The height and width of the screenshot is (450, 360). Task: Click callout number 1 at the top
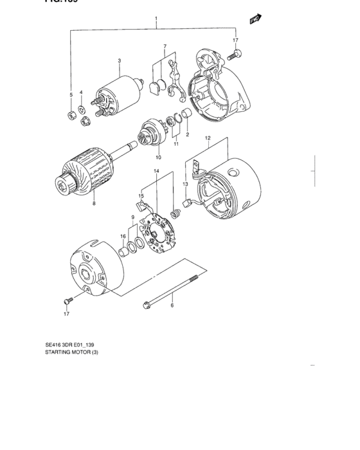(x=156, y=19)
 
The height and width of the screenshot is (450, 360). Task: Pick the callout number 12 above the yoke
(x=208, y=138)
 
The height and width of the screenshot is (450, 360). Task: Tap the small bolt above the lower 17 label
(x=67, y=300)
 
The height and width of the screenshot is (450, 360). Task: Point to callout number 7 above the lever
(x=165, y=47)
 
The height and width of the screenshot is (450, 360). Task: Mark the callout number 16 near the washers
(x=122, y=237)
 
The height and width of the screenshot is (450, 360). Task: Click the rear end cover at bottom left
(x=93, y=270)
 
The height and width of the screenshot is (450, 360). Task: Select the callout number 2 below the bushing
(x=187, y=135)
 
